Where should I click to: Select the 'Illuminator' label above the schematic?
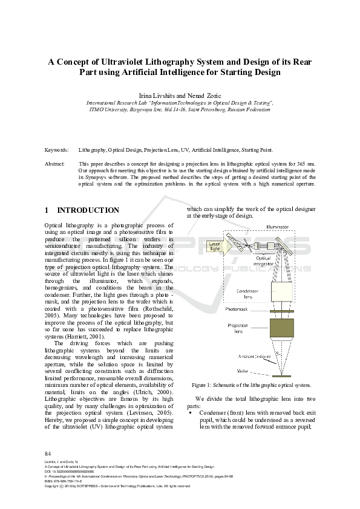coord(278,227)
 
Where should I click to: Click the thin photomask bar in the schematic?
coord(283,311)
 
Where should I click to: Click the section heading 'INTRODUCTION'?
coord(88,210)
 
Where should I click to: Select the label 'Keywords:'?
coord(57,150)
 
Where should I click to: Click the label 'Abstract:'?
coord(56,164)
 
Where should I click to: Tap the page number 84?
coord(48,453)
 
